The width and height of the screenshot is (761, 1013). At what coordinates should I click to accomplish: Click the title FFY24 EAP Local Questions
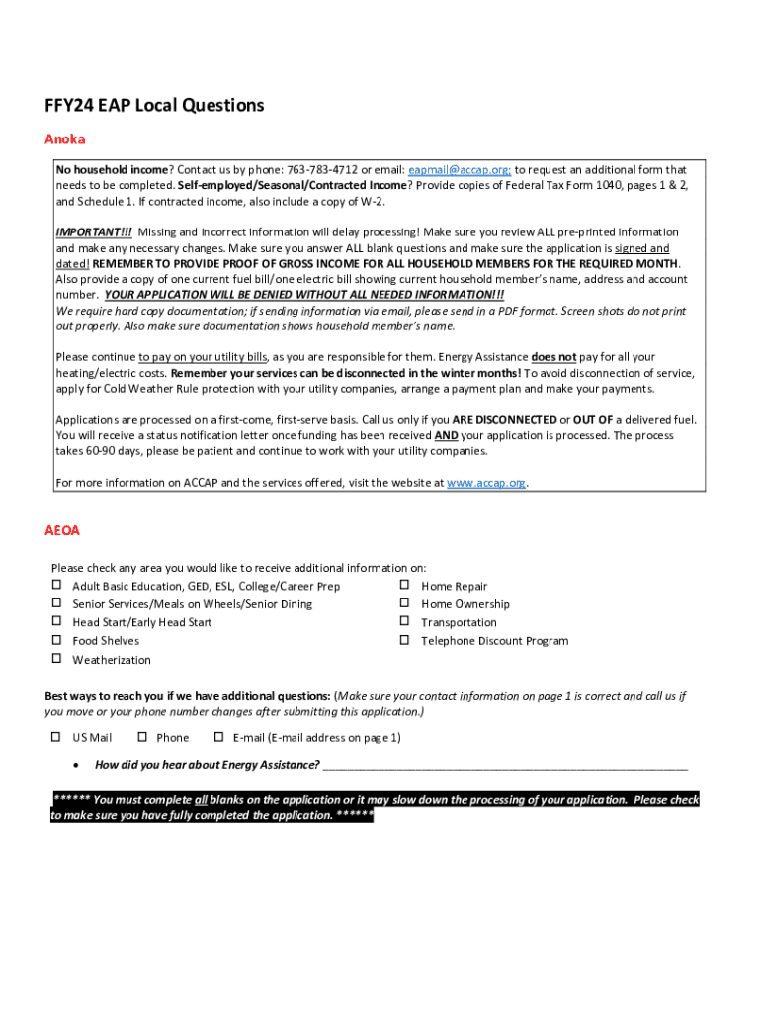coord(154,105)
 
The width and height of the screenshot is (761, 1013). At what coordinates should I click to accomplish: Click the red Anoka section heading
coord(65,139)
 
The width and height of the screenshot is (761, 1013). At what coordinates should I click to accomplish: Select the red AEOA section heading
coord(62,531)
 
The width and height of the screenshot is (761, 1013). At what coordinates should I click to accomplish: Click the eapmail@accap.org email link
coord(459,170)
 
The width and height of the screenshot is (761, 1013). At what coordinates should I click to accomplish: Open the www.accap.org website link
coord(486,483)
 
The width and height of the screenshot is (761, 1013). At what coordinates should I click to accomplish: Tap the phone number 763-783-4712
coord(321,170)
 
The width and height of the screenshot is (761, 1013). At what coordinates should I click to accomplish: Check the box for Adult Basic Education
coord(56,586)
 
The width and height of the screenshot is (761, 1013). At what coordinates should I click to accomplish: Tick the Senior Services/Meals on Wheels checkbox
coord(56,603)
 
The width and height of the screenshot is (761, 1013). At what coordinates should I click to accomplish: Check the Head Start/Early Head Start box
coord(56,621)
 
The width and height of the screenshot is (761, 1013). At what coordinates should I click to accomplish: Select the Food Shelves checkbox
coord(56,640)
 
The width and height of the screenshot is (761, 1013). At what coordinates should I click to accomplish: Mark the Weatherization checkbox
coord(56,659)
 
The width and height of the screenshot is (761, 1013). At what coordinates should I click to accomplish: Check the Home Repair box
coord(404,586)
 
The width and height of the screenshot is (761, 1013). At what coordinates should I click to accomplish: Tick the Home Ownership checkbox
coord(404,603)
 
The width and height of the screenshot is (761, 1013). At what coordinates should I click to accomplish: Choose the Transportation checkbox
coord(404,621)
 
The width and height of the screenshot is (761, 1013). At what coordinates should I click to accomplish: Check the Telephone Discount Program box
coord(404,640)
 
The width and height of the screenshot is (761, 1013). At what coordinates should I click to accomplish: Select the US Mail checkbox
coord(56,737)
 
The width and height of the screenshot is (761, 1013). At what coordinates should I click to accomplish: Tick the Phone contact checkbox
coord(141,737)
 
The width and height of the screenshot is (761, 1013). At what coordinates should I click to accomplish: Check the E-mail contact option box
coord(218,737)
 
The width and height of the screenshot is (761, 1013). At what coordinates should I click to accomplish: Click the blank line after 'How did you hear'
coord(504,765)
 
